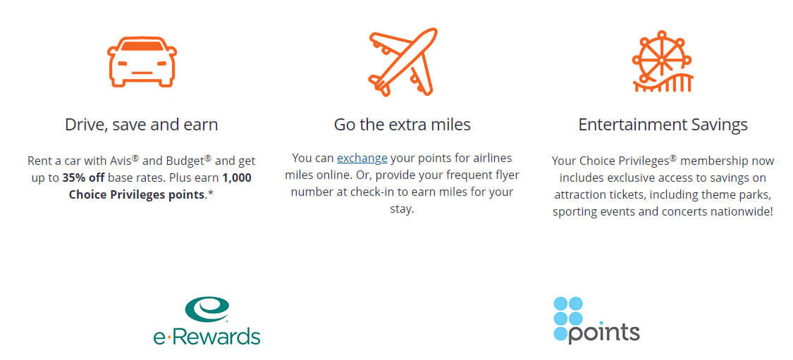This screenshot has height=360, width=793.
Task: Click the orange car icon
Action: click(142, 62)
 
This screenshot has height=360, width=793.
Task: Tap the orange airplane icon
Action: click(402, 62)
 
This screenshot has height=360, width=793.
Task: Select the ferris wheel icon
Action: click(663, 61)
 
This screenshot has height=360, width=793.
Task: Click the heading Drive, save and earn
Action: click(142, 125)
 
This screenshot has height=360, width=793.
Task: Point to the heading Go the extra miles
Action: click(402, 125)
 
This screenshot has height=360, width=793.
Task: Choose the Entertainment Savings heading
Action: click(663, 125)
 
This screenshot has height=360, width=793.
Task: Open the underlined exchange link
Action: click(362, 159)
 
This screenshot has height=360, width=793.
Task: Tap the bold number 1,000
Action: click(237, 178)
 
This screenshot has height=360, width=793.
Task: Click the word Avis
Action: click(121, 161)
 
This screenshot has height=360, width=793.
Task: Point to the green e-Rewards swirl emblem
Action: click(207, 309)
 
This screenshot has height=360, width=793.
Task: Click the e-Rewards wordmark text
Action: click(207, 336)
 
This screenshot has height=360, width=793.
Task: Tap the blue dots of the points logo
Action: click(568, 318)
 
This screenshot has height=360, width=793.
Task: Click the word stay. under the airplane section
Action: click(402, 209)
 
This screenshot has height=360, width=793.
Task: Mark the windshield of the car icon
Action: click(142, 46)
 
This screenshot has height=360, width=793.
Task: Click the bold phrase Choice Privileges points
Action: click(137, 195)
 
